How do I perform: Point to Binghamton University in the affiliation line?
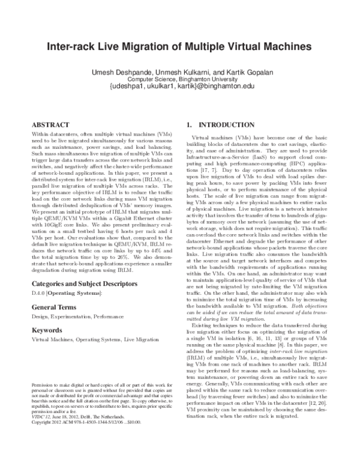207,79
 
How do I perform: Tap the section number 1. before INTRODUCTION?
190,125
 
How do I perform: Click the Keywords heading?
47,330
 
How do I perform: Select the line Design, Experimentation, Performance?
73,315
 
